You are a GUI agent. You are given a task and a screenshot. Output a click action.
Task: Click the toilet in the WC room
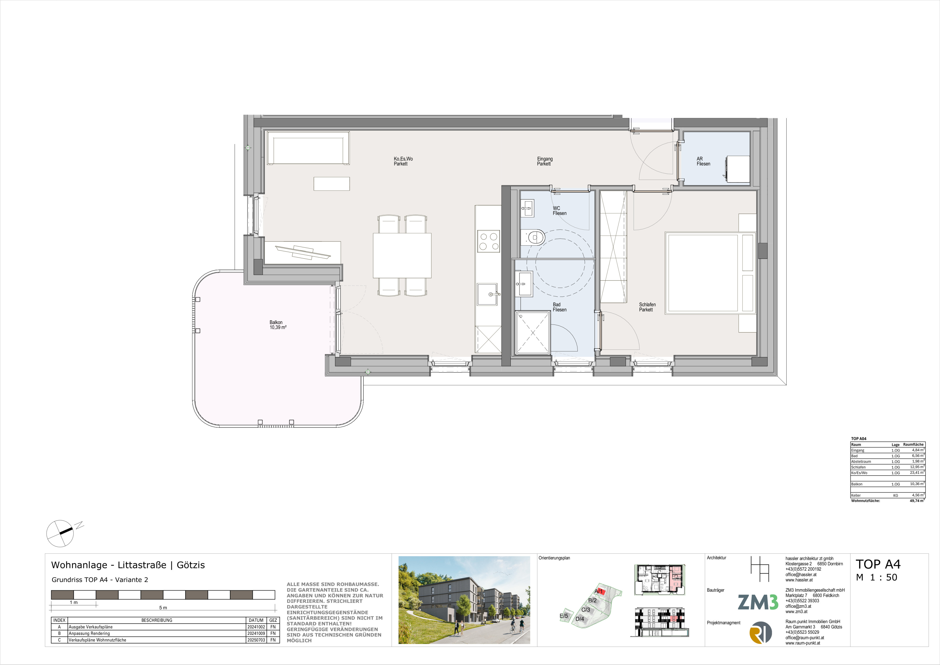pyautogui.click(x=533, y=237)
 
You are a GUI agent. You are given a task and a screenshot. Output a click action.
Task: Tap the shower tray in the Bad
pyautogui.click(x=533, y=333)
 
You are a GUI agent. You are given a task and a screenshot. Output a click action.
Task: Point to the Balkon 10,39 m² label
pyautogui.click(x=278, y=325)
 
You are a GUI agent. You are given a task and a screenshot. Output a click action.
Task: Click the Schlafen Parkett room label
pyautogui.click(x=647, y=307)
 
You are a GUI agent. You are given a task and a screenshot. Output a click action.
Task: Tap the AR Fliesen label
pyautogui.click(x=703, y=161)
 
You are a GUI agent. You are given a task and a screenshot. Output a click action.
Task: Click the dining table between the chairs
pyautogui.click(x=402, y=256)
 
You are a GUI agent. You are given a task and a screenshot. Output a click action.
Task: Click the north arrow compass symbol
pyautogui.click(x=60, y=534)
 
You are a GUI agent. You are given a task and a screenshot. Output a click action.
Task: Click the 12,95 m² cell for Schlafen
pyautogui.click(x=917, y=467)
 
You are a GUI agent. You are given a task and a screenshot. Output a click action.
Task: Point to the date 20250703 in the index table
pyautogui.click(x=256, y=640)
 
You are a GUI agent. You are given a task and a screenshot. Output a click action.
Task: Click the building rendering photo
pyautogui.click(x=464, y=600)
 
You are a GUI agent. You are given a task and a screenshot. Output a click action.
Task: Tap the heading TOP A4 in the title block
pyautogui.click(x=878, y=564)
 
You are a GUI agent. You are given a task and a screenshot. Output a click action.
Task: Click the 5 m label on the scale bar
pyautogui.click(x=163, y=608)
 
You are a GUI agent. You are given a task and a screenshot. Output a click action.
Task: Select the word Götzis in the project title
pyautogui.click(x=191, y=565)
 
